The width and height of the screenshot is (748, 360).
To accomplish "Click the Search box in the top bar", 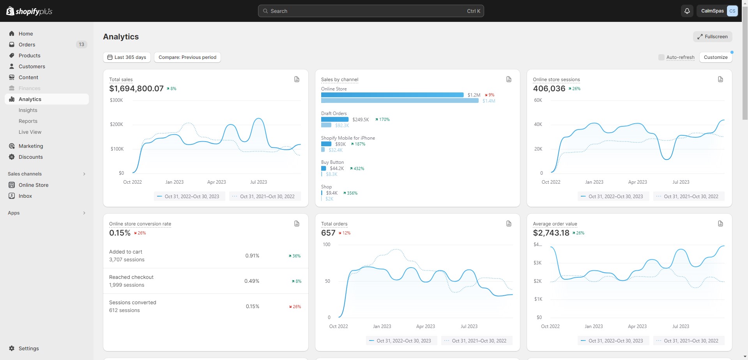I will pyautogui.click(x=370, y=11).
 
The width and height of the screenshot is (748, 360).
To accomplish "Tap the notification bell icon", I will pyautogui.click(x=687, y=11).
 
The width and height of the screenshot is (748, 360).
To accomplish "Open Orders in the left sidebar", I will pyautogui.click(x=27, y=44).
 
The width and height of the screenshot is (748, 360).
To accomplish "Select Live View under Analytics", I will pyautogui.click(x=30, y=132).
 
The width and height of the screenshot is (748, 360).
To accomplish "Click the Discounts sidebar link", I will pyautogui.click(x=31, y=157).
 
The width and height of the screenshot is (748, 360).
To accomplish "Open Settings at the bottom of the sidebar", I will pyautogui.click(x=28, y=348).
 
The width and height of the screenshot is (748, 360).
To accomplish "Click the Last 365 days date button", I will pyautogui.click(x=127, y=57).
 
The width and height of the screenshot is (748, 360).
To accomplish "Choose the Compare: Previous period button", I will pyautogui.click(x=187, y=57).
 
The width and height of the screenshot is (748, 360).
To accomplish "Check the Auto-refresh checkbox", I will pyautogui.click(x=661, y=57).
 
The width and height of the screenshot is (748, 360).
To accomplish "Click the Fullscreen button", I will pyautogui.click(x=712, y=37).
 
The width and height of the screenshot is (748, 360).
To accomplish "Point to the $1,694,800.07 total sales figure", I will pyautogui.click(x=136, y=89).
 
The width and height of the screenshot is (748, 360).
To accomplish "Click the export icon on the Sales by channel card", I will pyautogui.click(x=509, y=79).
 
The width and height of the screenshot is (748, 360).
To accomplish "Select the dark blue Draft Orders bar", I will pyautogui.click(x=335, y=119).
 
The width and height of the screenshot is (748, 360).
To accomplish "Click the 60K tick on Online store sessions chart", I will pyautogui.click(x=538, y=100).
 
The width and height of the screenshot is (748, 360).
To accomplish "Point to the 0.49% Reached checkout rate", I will pyautogui.click(x=252, y=281).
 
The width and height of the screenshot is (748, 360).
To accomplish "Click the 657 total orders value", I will pyautogui.click(x=328, y=233).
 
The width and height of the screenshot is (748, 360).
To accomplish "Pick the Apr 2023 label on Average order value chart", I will pyautogui.click(x=637, y=326).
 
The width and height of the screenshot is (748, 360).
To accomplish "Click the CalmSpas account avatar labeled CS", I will pyautogui.click(x=732, y=11).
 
